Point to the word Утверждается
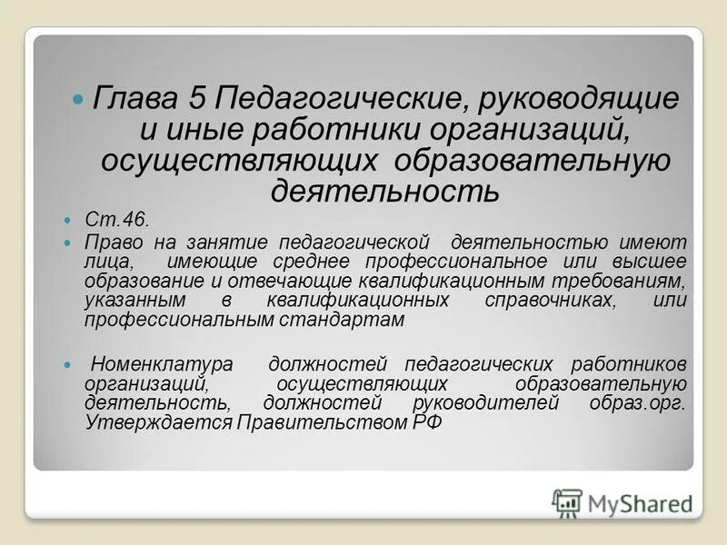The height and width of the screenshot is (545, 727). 158,422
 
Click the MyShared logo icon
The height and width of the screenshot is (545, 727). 567,502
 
